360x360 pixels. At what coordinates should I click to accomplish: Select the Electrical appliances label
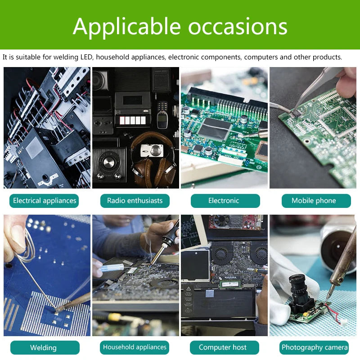(x=44, y=201)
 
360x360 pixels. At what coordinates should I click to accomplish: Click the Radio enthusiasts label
(x=135, y=201)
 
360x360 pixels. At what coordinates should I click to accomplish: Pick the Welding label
(x=44, y=347)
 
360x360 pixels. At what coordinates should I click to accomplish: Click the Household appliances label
(x=135, y=347)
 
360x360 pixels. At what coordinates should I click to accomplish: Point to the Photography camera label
(x=315, y=347)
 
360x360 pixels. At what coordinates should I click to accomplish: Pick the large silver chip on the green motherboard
(x=215, y=128)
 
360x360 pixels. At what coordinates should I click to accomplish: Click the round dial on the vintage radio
(x=109, y=161)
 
